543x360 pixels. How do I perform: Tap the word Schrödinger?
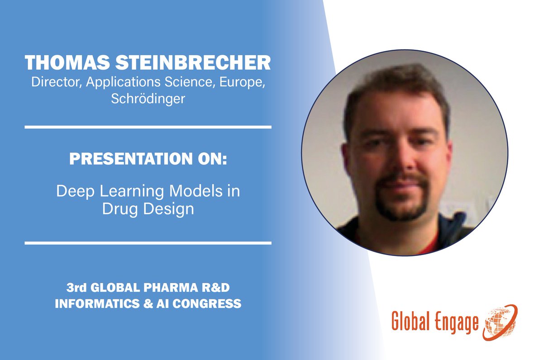coord(148,99)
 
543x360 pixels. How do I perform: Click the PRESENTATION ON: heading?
coord(148,159)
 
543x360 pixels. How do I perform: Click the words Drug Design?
coord(148,209)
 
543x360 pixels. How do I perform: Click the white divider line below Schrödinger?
coord(148,127)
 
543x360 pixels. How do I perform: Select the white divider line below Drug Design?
coord(148,243)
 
